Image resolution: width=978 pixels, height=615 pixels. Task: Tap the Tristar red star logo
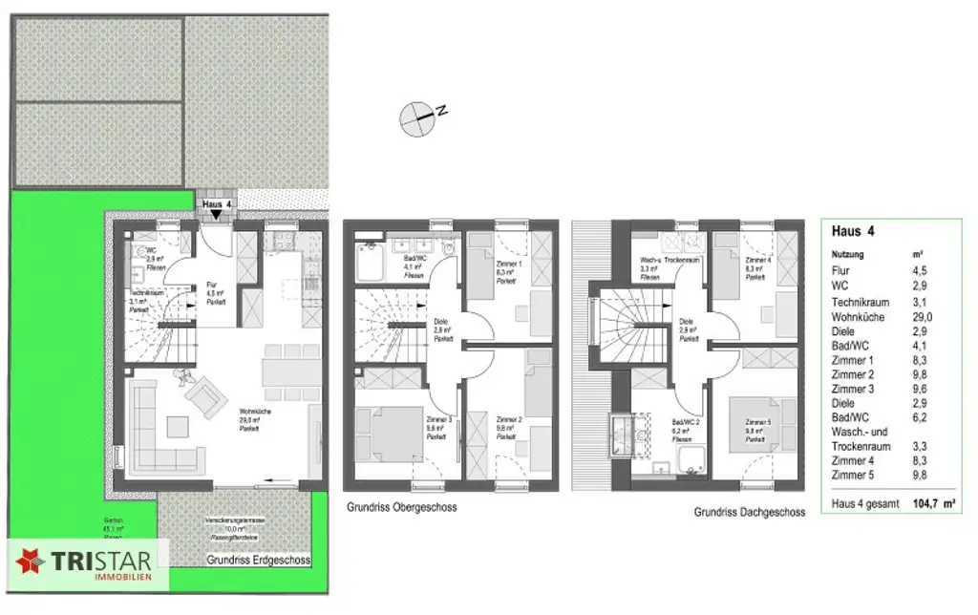30,562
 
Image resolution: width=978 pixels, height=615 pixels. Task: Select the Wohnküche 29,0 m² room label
250,419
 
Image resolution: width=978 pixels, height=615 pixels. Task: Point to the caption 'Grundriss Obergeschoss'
402,507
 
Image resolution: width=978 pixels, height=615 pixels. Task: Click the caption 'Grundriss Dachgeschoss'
750,512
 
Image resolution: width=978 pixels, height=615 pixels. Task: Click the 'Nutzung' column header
847,254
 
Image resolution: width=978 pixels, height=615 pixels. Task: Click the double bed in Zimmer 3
389,433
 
